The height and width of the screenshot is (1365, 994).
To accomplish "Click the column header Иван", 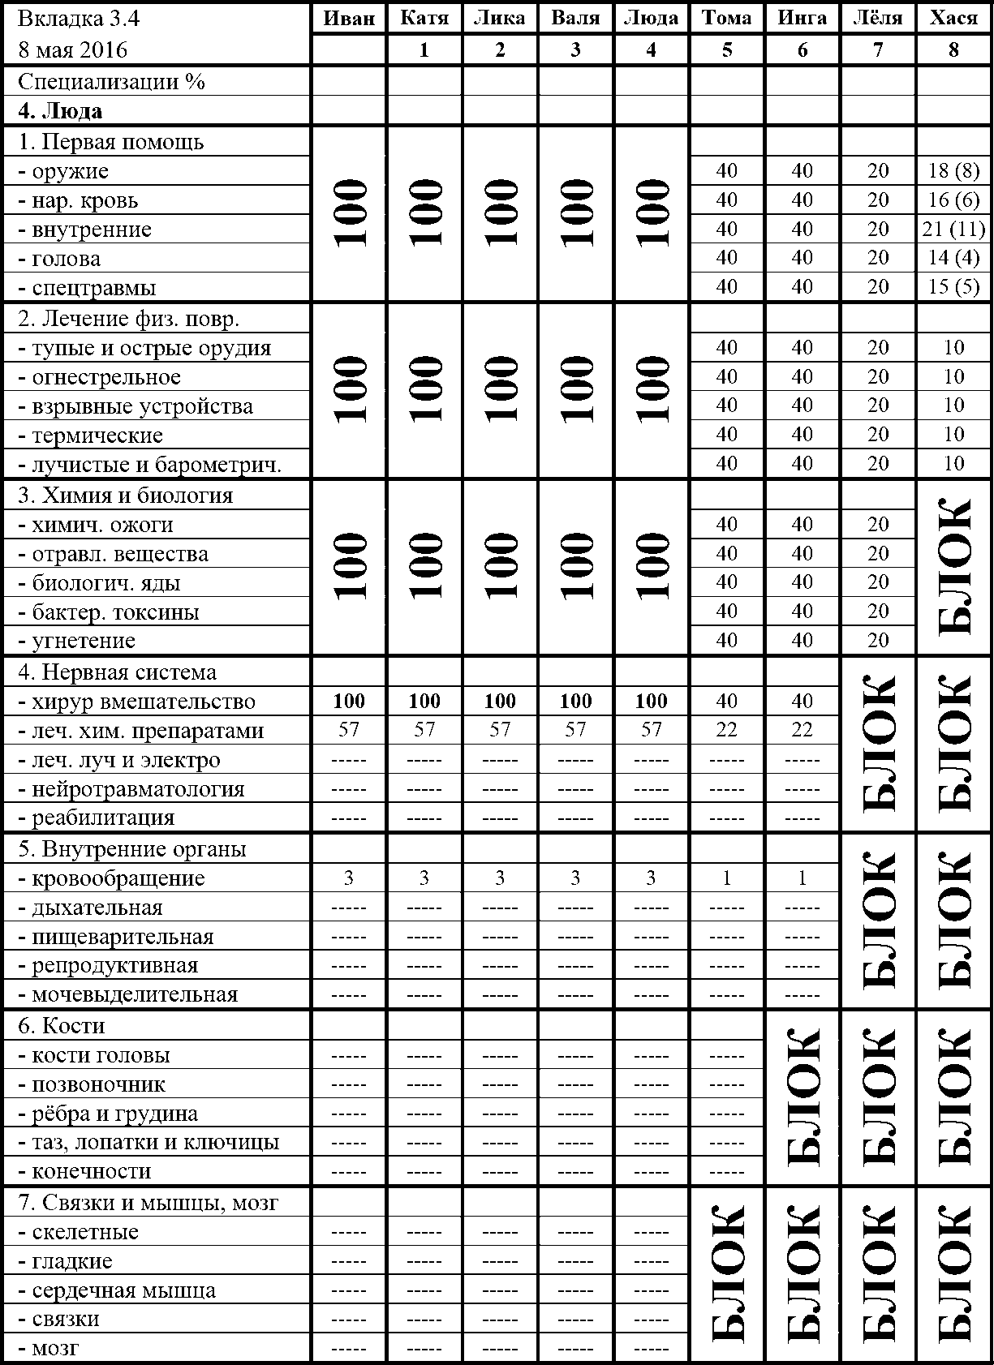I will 349,19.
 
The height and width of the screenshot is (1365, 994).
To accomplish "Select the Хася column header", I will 953,19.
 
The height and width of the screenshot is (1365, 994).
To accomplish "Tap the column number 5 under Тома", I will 726,50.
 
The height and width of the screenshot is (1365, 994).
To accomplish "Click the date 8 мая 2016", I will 73,50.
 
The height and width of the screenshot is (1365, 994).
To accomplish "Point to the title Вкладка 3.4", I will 72,19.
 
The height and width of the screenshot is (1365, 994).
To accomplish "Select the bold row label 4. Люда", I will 60,111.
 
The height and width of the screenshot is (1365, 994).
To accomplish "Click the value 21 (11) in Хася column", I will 953,230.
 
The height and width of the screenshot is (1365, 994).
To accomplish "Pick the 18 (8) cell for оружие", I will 953,171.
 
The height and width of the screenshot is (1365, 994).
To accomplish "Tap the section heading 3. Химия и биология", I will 126,496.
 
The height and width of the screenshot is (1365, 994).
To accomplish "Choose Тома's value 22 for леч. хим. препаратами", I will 726,730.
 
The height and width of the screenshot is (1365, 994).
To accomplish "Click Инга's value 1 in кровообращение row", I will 802,878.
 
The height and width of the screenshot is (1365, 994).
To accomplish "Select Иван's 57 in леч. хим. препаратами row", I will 349,730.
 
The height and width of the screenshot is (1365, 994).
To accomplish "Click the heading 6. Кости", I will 62,1026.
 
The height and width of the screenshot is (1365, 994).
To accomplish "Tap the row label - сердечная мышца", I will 117,1290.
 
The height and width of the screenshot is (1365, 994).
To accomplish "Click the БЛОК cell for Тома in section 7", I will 726,1275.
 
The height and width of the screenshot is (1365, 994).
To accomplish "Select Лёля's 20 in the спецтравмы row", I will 878,287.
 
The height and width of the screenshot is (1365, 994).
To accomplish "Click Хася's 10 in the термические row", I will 953,435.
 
